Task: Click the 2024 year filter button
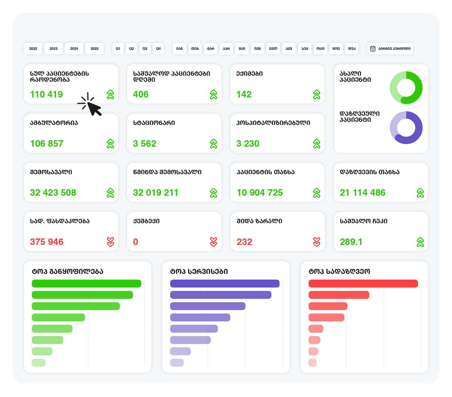[74, 49]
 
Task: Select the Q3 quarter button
[145, 49]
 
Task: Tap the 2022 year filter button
[33, 49]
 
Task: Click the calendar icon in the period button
[373, 49]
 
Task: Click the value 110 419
[46, 94]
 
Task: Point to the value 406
[141, 94]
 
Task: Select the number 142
[244, 94]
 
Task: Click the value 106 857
[47, 143]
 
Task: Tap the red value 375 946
[47, 242]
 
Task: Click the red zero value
[136, 242]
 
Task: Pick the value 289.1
[351, 242]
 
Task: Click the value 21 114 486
[363, 193]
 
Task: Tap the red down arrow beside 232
[316, 242]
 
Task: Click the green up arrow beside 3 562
[213, 144]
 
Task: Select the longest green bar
[86, 283]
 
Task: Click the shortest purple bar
[177, 363]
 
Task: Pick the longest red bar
[363, 283]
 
